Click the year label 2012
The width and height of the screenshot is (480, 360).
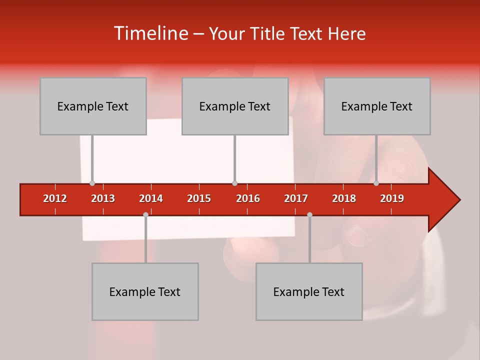coord(55,198)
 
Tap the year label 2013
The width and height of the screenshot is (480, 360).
coord(103,198)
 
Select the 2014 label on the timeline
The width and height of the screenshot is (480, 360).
coord(151,198)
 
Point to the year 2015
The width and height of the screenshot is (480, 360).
coord(199,198)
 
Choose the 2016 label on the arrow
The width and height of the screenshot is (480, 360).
coord(248,198)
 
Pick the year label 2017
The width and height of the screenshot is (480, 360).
coord(296,198)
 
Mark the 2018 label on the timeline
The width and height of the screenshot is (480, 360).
coord(344,198)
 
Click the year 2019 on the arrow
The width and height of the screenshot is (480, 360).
coord(392,198)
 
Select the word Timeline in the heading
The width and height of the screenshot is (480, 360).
coord(150,33)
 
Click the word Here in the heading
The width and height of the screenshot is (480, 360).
coord(346,34)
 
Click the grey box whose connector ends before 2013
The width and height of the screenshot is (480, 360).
coord(93,106)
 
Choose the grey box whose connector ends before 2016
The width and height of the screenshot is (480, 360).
coord(235,106)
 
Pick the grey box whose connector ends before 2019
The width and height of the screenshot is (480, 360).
coord(377,106)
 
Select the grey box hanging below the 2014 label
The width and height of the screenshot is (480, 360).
coord(145,291)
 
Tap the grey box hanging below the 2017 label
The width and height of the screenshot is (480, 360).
coord(309,291)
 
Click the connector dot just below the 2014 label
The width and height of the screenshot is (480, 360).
coord(145,214)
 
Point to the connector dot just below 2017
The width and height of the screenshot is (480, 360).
coord(309,214)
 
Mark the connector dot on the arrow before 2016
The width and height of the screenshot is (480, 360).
coord(234,183)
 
